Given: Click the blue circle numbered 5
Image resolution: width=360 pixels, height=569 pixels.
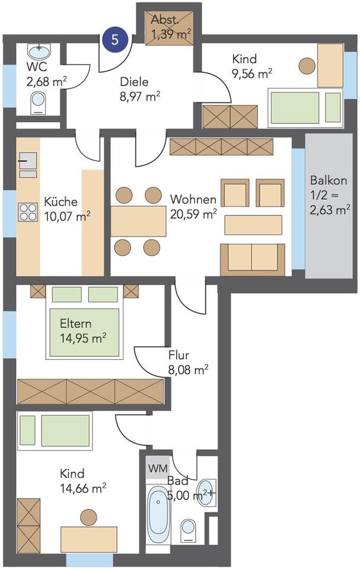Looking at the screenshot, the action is [115, 39].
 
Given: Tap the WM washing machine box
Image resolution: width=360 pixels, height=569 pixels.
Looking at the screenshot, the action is [158, 468].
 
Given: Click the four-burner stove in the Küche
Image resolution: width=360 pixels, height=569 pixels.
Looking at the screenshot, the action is [28, 212].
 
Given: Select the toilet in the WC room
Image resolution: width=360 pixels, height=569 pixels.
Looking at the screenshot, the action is [39, 103].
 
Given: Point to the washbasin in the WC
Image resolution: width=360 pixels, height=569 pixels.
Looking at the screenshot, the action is [39, 52].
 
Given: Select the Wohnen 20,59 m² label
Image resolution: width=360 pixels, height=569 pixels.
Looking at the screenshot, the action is [193, 206].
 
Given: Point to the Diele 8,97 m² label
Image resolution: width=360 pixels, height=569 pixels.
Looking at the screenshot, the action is [140, 89].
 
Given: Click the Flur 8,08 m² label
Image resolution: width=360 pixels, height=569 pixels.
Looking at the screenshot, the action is [188, 363].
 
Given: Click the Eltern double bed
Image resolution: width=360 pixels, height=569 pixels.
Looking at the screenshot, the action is [84, 322].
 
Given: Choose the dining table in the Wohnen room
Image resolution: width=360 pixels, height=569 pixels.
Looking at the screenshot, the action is [138, 222].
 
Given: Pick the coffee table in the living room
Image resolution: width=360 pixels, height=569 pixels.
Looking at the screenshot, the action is [253, 225].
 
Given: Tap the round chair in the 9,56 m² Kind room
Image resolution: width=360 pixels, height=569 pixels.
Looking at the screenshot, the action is [307, 66].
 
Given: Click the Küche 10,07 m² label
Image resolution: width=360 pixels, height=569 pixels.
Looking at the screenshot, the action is [67, 209].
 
